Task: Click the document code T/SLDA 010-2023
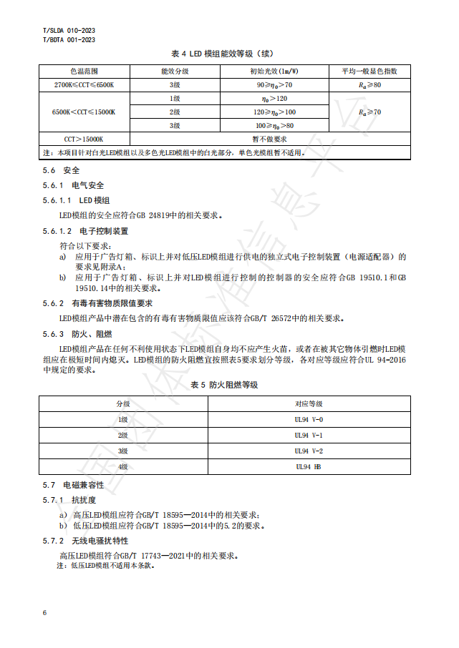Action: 69,31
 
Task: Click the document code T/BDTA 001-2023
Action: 69,40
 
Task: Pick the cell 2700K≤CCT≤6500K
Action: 84,85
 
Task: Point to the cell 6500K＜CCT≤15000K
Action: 84,112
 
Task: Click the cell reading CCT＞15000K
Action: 84,139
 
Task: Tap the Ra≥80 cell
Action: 369,85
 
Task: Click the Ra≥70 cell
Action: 369,112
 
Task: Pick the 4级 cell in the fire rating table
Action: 123,466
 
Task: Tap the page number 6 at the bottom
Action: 45,613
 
